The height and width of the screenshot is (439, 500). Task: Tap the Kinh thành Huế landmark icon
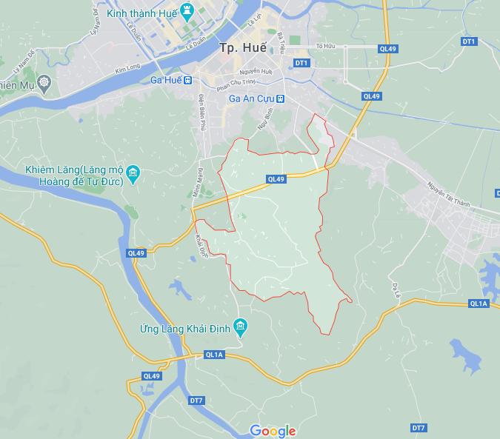(x=187, y=10)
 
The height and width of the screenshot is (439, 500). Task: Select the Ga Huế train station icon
(x=188, y=80)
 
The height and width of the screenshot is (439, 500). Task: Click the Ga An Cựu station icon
(x=281, y=98)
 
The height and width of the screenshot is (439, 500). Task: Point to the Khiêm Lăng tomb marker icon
(x=133, y=175)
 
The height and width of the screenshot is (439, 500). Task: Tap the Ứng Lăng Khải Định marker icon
(x=239, y=326)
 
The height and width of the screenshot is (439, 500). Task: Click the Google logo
(x=273, y=431)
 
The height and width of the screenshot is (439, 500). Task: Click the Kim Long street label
(x=127, y=70)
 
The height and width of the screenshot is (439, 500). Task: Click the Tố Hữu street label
(x=326, y=47)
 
